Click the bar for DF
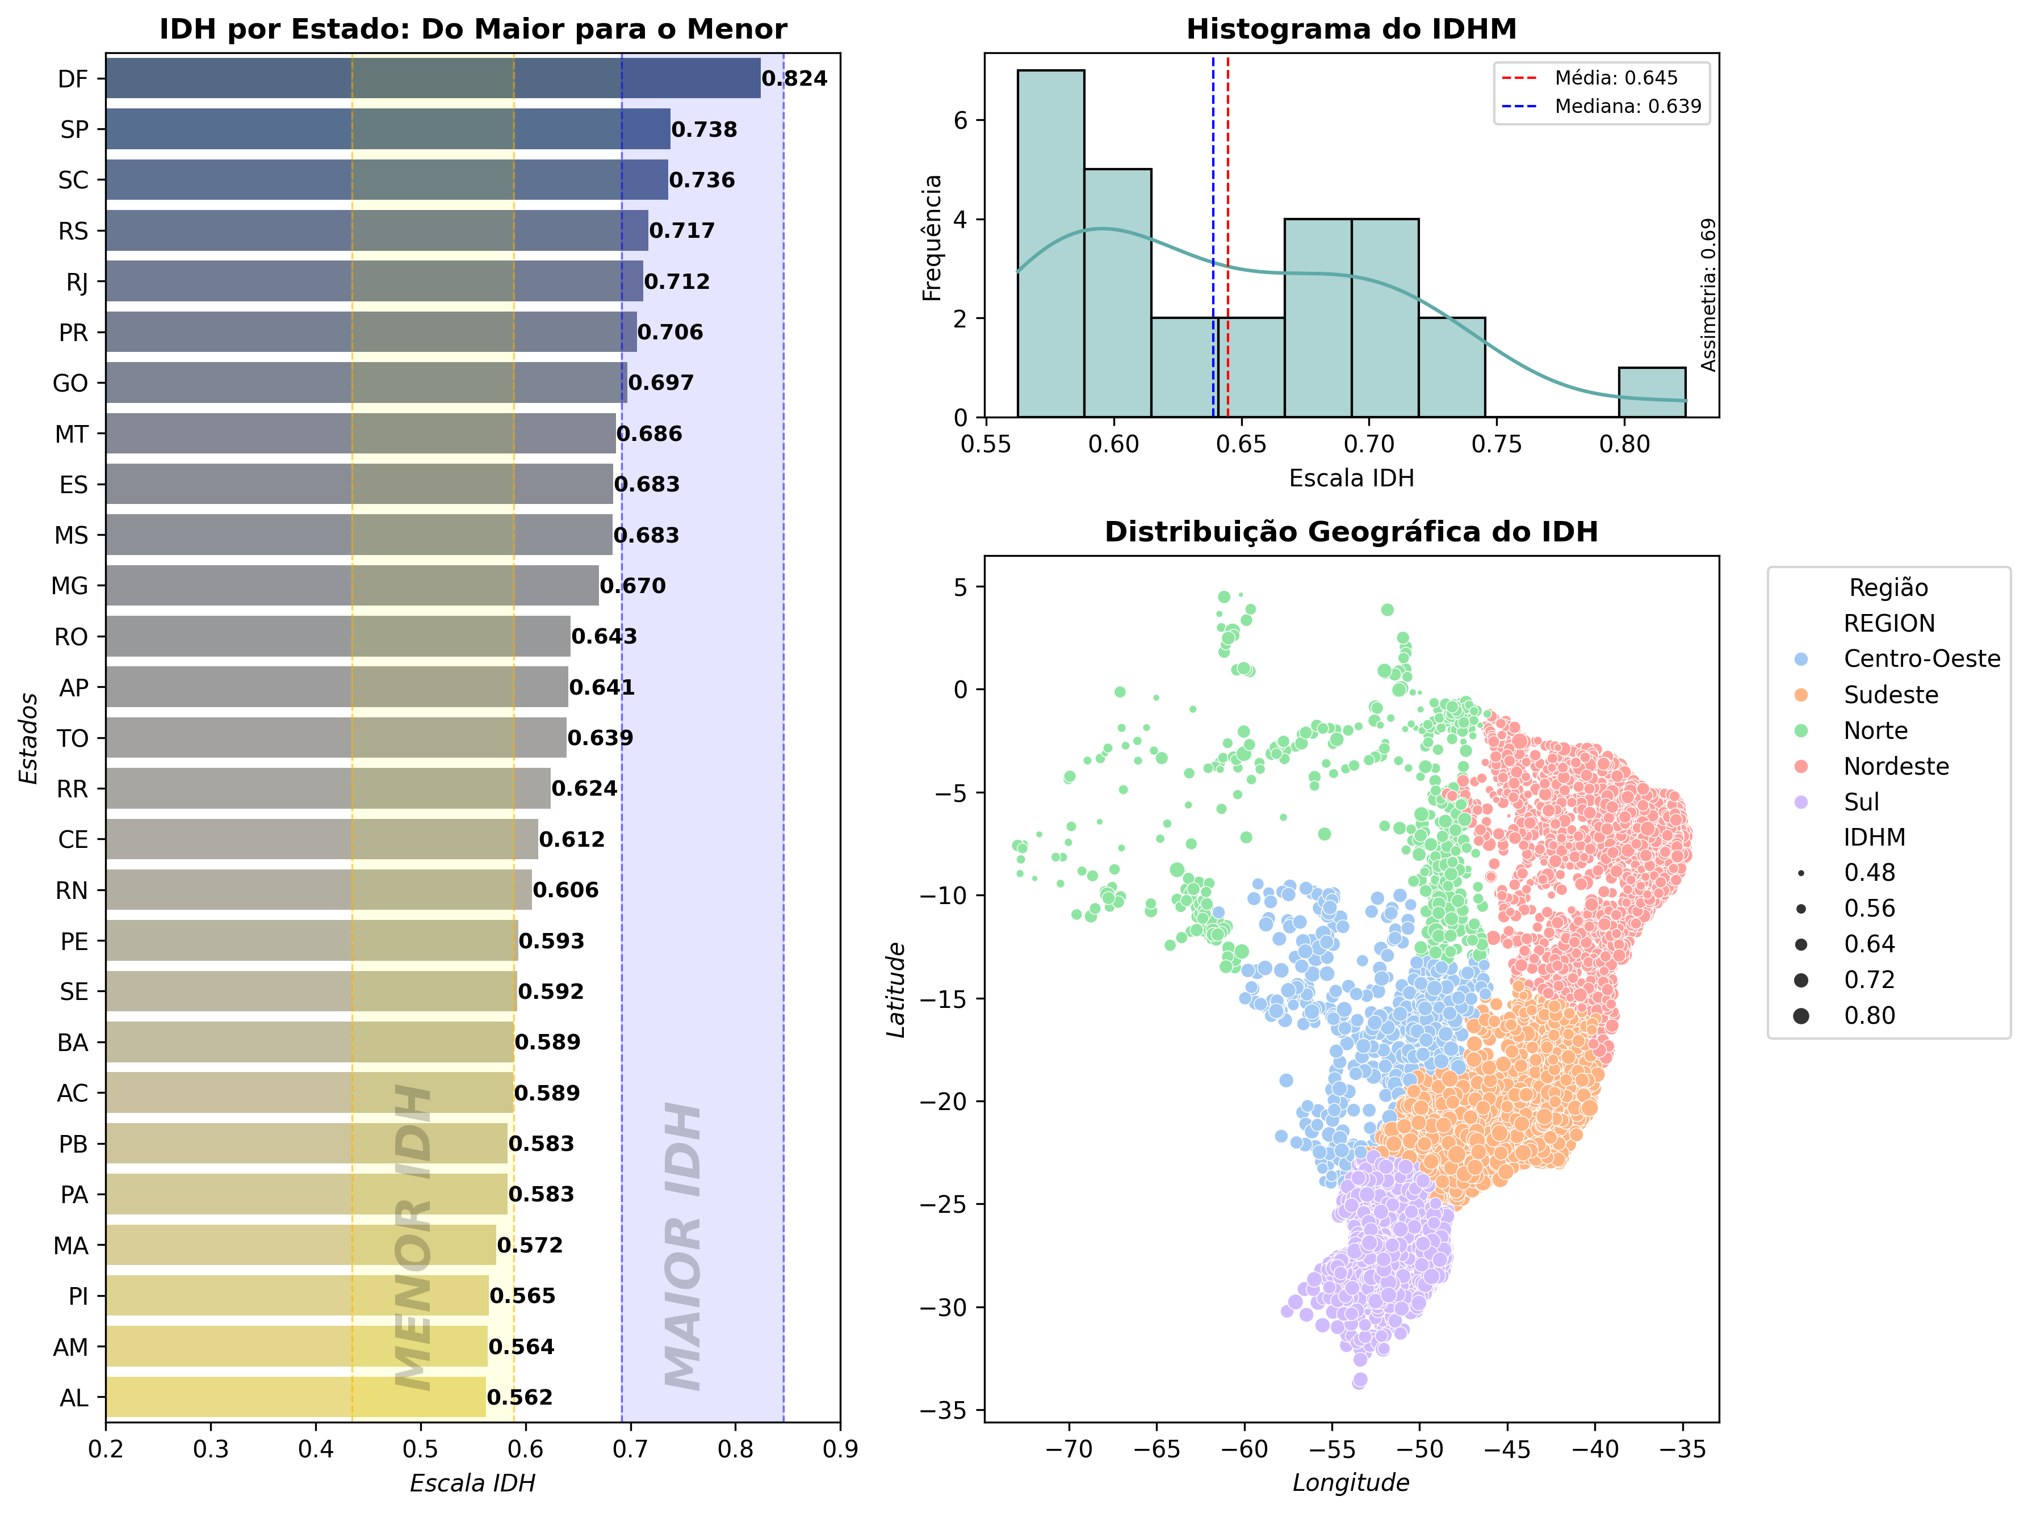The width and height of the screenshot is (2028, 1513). [x=433, y=78]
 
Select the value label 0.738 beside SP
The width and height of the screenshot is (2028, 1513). [x=703, y=129]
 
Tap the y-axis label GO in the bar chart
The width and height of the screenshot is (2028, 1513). [x=70, y=383]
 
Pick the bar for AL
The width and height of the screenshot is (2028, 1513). [x=295, y=1397]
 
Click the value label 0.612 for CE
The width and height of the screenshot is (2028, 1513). [x=572, y=839]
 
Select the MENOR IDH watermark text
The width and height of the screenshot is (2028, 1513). [x=413, y=1237]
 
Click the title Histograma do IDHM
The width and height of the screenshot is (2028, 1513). [x=1351, y=30]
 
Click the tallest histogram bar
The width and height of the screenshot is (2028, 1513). [x=1051, y=243]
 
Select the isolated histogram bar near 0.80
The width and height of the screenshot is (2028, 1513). [x=1652, y=392]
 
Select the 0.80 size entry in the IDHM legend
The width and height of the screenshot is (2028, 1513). [x=1868, y=1015]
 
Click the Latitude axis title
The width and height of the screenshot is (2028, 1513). [x=896, y=989]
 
